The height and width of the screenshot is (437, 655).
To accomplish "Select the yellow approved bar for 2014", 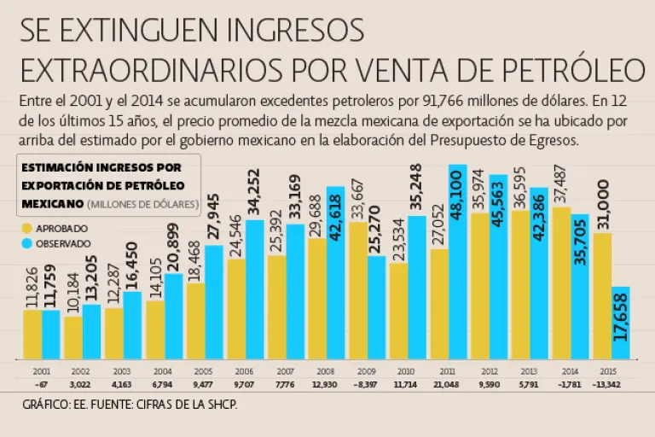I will (561, 283).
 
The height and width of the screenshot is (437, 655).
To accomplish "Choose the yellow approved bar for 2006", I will (236, 308).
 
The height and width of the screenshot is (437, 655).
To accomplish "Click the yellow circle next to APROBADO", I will (28, 228).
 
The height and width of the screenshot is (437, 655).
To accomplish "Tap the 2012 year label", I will (490, 372).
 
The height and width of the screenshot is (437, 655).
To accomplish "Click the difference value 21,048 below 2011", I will (449, 385).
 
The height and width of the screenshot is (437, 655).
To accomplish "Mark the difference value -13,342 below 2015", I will (612, 385).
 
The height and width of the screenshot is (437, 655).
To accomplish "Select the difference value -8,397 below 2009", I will (367, 385).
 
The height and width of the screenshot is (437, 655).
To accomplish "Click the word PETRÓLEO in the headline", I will (559, 67).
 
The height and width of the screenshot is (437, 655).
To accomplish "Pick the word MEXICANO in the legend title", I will (51, 204).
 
